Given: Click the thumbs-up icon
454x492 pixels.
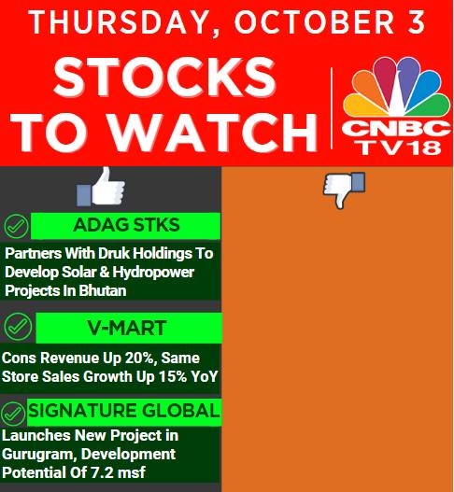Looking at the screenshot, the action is pos(101,187).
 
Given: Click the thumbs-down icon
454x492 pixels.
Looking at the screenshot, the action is pos(344,190).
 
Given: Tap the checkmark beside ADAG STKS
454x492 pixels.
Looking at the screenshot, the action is pos(16,226).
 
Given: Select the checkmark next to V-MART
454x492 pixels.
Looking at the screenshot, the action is pos(18,327).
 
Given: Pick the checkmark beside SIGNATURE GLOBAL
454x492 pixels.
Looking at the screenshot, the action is pos(13,414).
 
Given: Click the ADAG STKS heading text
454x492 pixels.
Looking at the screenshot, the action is pos(126,225).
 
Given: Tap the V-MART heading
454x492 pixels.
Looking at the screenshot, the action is pos(127,328).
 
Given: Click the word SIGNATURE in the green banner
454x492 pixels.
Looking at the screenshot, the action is pos(82,411).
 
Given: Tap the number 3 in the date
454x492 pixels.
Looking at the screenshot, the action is pos(417,22).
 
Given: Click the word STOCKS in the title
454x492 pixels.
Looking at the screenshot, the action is pos(164,77).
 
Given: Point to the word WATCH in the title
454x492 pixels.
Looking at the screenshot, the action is pos(213,133).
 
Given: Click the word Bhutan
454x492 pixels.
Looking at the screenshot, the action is pos(103,290).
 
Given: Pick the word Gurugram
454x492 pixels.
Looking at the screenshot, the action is pos(37,455).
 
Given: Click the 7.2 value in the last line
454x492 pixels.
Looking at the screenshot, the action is pos(103,472).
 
